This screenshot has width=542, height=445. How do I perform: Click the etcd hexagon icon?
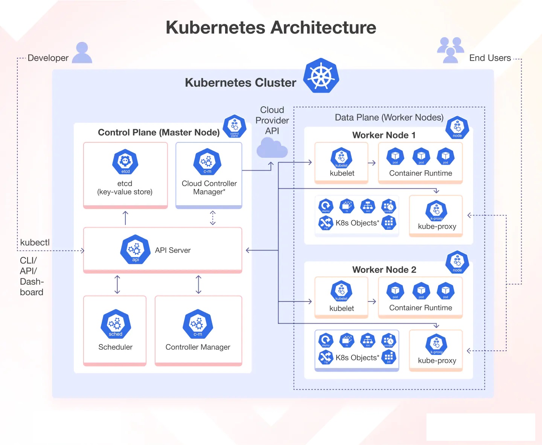[125, 162]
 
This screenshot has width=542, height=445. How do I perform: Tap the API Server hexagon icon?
[135, 249]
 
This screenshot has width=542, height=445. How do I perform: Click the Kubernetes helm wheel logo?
[321, 76]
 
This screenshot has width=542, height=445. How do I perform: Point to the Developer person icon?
[82, 53]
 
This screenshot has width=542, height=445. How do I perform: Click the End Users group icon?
[450, 50]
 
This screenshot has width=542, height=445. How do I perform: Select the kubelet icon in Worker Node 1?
[341, 158]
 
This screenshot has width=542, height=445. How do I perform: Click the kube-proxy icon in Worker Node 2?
[436, 344]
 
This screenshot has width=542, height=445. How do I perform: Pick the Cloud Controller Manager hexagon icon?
[207, 162]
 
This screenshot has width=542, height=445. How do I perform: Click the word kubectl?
[35, 242]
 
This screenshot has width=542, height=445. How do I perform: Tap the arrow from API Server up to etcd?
[126, 218]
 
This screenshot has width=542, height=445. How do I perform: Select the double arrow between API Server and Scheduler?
[117, 284]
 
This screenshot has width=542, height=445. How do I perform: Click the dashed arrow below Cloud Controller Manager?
[213, 218]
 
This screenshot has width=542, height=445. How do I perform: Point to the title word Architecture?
[323, 28]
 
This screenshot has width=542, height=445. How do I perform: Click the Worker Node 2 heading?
[384, 270]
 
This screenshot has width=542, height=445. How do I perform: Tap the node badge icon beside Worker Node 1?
[457, 128]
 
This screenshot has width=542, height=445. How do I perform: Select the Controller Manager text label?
[198, 347]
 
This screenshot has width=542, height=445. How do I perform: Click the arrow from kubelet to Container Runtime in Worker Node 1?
[372, 163]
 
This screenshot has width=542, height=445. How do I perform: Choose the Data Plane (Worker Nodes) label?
[389, 118]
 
